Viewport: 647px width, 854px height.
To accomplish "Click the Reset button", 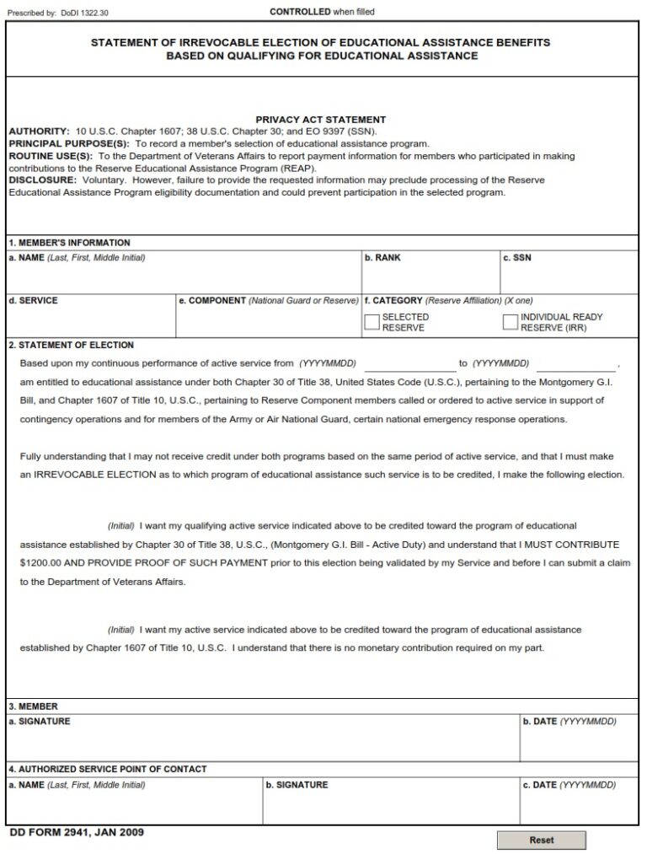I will click(541, 840).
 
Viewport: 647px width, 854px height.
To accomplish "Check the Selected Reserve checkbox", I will click(372, 322).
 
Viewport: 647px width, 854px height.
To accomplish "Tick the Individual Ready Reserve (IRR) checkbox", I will click(510, 322).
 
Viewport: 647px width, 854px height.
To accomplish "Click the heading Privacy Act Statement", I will click(320, 120).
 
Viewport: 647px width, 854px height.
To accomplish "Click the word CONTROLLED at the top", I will click(300, 12).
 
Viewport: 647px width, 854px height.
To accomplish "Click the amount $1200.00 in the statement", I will click(40, 561).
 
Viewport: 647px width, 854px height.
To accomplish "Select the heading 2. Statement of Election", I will click(71, 345).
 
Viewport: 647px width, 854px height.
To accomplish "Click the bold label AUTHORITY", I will click(39, 132).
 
